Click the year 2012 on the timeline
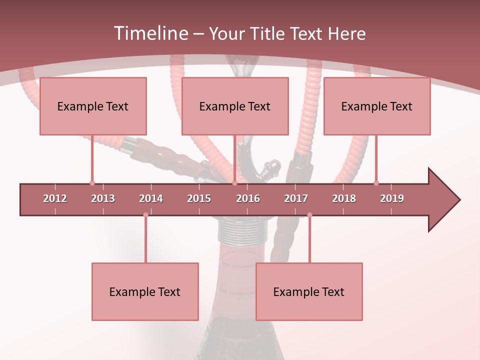point(55,198)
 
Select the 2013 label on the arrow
point(103,198)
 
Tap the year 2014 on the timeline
point(151,198)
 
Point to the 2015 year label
point(199,198)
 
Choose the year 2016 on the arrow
point(248,198)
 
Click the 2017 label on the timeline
point(296,198)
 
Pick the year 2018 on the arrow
point(344,198)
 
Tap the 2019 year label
point(392,198)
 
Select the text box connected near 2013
point(93,106)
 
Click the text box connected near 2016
point(235,106)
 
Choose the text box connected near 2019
point(377,106)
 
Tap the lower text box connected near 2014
point(145,292)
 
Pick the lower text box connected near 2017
point(309,292)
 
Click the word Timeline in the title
point(150,33)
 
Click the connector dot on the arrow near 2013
point(92,183)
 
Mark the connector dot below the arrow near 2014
point(145,215)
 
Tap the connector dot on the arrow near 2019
point(376,183)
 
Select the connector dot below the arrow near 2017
point(309,215)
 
